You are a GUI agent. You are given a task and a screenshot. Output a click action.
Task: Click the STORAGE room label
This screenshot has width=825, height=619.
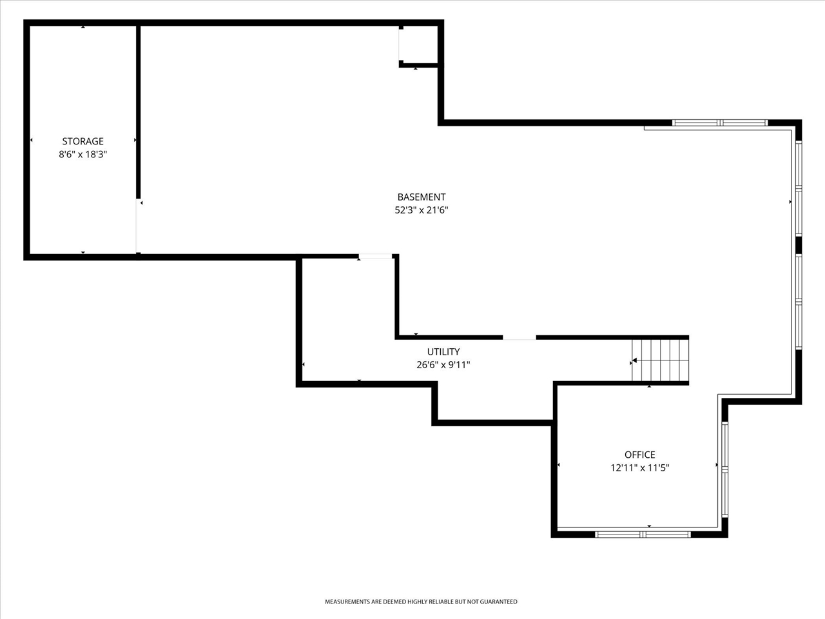(82, 141)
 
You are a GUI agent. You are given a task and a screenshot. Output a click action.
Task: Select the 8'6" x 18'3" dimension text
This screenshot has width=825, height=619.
(82, 154)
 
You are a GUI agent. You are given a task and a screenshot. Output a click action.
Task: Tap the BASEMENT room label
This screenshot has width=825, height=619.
(421, 197)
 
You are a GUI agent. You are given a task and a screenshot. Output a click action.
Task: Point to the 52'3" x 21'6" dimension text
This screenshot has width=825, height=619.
(421, 210)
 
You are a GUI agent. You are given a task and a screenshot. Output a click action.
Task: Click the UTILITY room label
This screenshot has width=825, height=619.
(443, 352)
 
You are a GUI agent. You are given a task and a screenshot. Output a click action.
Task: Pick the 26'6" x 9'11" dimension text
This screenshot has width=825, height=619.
(443, 365)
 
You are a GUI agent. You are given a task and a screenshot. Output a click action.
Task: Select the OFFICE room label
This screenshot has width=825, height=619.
(639, 455)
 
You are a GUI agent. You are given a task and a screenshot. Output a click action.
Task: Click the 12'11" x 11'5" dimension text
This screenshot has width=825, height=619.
(639, 468)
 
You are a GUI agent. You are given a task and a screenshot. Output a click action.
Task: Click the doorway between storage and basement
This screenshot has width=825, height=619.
(138, 226)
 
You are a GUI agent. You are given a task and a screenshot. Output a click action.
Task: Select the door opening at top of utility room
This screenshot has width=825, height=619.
(375, 257)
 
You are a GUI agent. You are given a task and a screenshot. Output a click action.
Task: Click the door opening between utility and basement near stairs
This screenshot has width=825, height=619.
(519, 337)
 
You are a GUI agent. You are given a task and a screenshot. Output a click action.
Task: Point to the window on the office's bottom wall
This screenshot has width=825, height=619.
(643, 534)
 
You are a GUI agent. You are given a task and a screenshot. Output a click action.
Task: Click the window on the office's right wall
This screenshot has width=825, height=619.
(725, 469)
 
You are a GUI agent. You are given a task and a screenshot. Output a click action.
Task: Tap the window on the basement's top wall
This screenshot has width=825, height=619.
(720, 123)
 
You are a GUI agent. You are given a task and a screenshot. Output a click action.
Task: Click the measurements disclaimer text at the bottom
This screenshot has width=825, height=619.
(420, 602)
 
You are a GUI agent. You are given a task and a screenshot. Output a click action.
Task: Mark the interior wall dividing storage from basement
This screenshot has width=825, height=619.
(138, 110)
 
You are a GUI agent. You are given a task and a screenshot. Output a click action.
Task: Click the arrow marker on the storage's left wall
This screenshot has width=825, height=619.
(31, 140)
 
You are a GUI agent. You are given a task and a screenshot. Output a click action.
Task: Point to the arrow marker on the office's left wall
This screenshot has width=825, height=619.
(558, 464)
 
